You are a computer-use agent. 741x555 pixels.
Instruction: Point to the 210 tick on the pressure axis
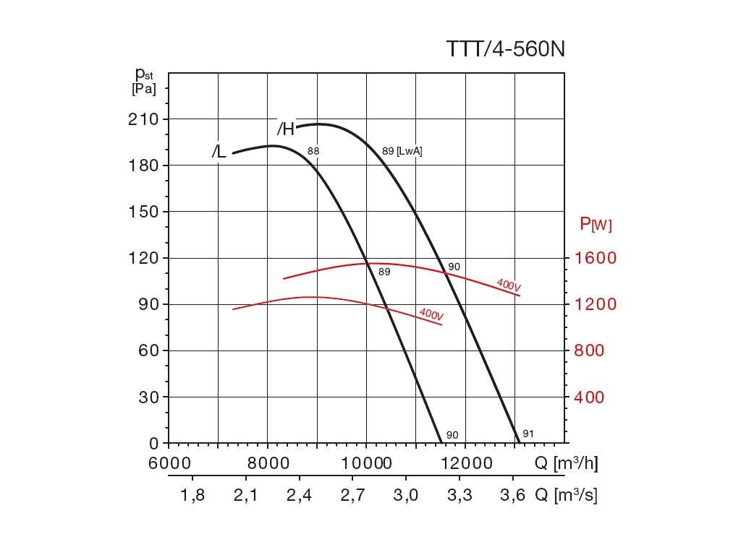coord(143,119)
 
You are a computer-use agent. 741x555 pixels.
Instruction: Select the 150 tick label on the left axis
coord(143,212)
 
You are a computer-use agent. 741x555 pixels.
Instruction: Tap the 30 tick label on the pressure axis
coord(148,397)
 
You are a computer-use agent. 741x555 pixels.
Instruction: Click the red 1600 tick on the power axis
coord(596,258)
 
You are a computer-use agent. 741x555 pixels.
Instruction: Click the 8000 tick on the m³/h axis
coord(268,463)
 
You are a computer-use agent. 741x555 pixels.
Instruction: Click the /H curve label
coord(286,129)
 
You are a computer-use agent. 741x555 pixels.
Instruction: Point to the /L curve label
coord(219,152)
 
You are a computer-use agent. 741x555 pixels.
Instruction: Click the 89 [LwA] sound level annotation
coord(402,151)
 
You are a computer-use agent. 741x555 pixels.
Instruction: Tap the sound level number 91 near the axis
coord(528,434)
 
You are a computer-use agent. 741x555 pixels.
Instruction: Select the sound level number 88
coord(313,151)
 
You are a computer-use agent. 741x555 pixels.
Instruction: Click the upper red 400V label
coord(509,285)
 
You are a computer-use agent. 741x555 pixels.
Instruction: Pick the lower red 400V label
coord(431,314)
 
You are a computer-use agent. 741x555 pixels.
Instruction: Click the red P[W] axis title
coord(596,225)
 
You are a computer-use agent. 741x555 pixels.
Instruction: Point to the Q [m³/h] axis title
coord(566,463)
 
